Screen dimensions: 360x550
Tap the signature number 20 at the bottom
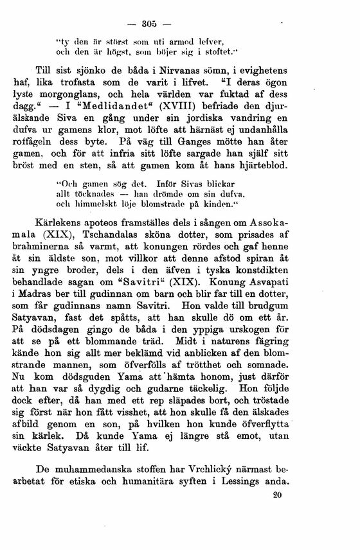tap(277, 495)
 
